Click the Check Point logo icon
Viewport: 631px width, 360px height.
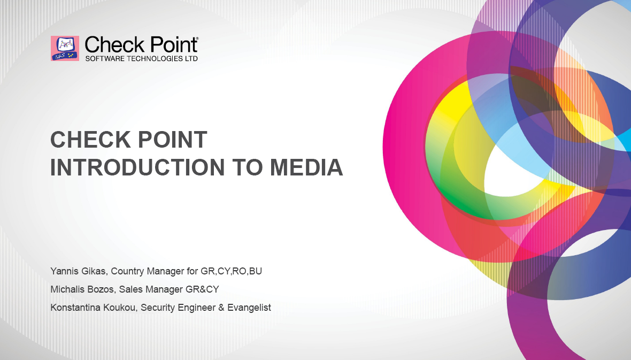click(65, 48)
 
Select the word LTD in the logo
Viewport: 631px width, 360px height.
click(191, 59)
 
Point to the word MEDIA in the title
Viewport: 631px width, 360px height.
click(306, 167)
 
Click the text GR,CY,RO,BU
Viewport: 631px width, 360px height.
click(232, 271)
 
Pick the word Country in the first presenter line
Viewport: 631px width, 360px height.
click(127, 271)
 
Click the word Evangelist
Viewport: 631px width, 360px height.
click(249, 308)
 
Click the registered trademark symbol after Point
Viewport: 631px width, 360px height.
click(196, 39)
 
